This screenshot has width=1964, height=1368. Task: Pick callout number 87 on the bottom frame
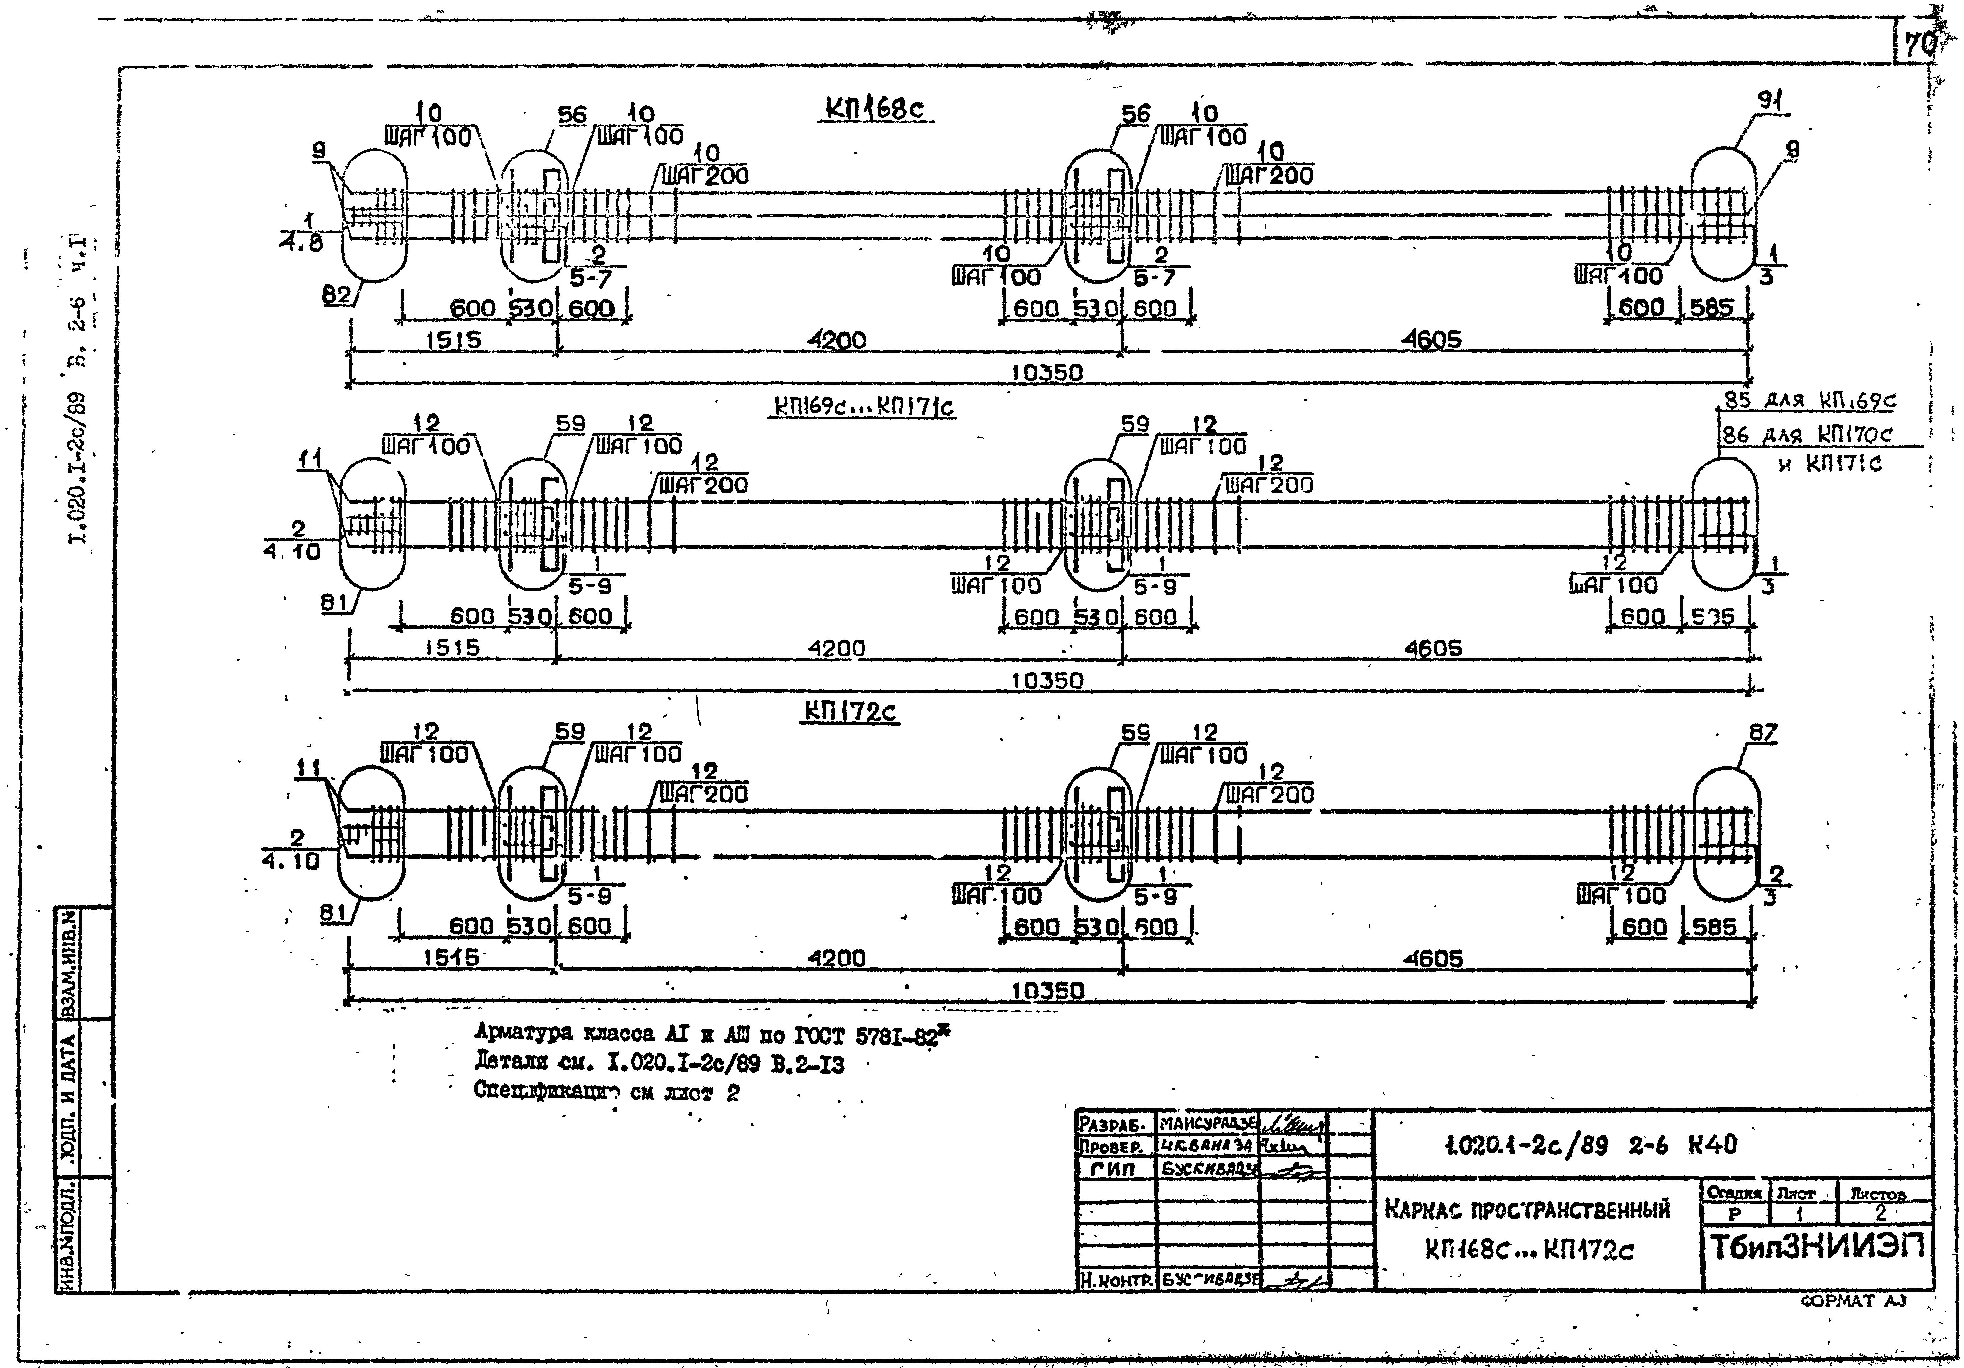coord(1763,732)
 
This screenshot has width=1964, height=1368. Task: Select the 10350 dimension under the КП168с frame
coord(1047,373)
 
